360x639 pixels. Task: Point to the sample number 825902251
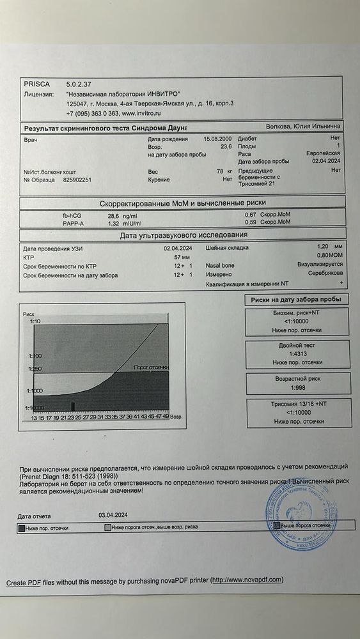[77, 180]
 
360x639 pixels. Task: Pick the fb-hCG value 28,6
[114, 215]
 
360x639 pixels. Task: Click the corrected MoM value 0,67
[251, 215]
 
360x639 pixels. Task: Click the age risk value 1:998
[298, 389]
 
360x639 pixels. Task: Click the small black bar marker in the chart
[73, 406]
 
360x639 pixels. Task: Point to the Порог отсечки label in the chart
[151, 367]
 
